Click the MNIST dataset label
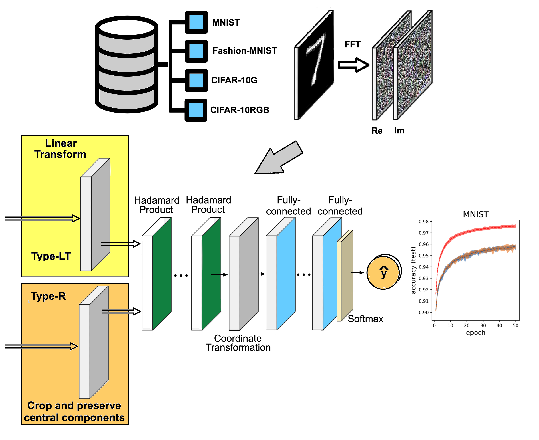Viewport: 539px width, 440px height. coord(226,22)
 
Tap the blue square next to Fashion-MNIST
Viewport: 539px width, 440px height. coord(196,51)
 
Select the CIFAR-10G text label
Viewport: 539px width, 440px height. coord(234,80)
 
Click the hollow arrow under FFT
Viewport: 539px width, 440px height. coord(353,65)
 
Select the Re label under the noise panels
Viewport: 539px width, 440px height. coord(377,131)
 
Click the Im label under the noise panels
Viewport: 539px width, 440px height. coord(399,131)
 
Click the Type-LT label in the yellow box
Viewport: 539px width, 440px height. coord(51,256)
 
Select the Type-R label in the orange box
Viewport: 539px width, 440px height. coord(48,296)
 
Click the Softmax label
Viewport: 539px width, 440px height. coord(365,319)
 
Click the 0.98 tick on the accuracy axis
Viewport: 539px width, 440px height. coord(423,222)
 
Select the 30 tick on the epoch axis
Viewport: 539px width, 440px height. coord(483,325)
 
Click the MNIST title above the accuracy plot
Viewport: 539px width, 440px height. coord(475,214)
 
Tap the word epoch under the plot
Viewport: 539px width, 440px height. coord(475,333)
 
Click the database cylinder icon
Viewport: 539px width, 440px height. coord(127,65)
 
